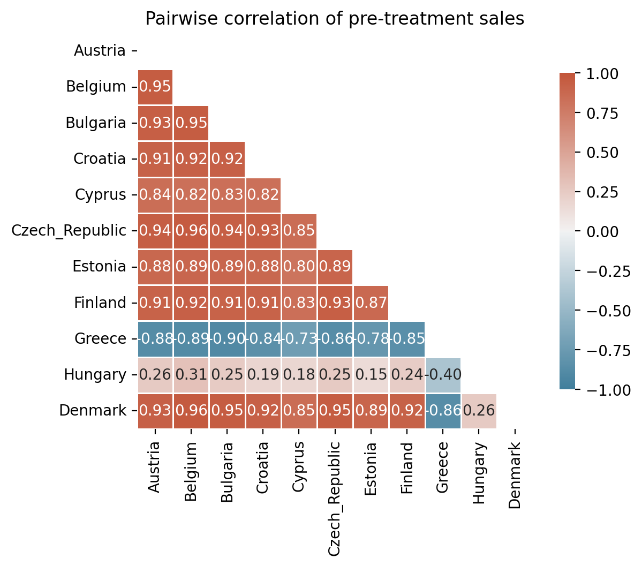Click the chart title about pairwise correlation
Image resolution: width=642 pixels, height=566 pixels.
(335, 19)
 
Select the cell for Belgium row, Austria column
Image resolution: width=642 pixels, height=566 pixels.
(155, 87)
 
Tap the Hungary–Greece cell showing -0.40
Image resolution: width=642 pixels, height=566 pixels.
(443, 375)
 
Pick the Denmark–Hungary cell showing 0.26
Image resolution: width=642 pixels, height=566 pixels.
(479, 411)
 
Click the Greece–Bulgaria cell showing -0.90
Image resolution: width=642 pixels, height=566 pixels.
(227, 339)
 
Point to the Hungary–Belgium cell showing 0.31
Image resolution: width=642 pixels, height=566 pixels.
(191, 375)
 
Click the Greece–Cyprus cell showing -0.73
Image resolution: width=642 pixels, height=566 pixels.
(299, 339)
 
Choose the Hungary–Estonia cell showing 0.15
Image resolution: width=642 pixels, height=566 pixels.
(371, 375)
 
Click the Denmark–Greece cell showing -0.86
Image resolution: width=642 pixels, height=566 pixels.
(443, 411)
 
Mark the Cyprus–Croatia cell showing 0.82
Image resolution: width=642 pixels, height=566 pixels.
(263, 195)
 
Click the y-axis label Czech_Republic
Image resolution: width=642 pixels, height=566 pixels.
(69, 231)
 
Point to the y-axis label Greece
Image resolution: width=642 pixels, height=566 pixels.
(100, 339)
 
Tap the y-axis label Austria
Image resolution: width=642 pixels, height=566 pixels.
(100, 51)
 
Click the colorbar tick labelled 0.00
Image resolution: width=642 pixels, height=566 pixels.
(602, 232)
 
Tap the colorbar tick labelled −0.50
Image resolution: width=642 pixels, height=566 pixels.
(608, 311)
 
